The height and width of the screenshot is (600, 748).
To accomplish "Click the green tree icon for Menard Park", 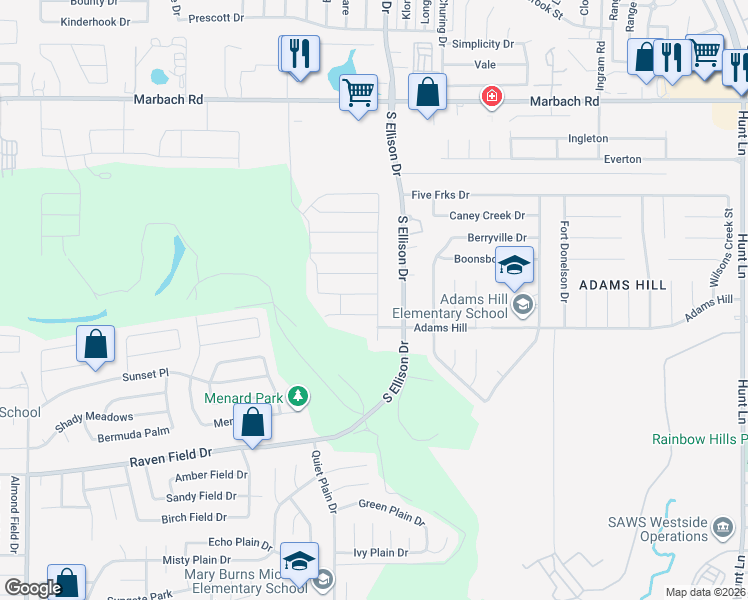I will [297, 397].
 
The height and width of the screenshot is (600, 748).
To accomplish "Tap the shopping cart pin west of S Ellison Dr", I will [358, 94].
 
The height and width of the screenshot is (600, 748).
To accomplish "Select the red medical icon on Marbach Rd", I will [491, 97].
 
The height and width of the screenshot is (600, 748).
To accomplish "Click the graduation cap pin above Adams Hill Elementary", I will [514, 267].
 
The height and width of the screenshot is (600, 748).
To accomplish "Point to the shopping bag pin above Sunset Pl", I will [95, 345].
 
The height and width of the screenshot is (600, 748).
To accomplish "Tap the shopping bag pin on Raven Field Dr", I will [253, 424].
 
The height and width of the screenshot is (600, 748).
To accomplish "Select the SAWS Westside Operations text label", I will [658, 529].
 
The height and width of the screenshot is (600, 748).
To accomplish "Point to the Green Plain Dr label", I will [391, 511].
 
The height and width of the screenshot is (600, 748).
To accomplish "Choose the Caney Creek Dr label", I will [486, 215].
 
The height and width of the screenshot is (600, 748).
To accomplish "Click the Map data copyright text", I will [705, 592].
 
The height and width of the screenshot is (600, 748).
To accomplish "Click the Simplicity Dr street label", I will [482, 45].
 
